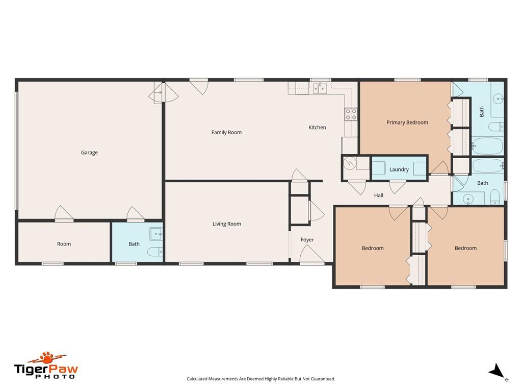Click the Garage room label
[89, 153]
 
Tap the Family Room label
[226, 132]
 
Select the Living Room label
[227, 224]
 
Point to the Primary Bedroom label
[407, 122]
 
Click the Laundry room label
[399, 169]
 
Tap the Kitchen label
[317, 127]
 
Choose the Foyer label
[307, 240]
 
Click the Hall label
[379, 195]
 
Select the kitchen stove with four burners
[351, 114]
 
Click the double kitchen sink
[320, 89]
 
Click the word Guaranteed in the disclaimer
[323, 379]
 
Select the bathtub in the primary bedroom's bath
[488, 146]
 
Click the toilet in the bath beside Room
[154, 251]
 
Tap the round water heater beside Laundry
[350, 163]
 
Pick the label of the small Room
[64, 244]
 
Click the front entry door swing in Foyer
[312, 254]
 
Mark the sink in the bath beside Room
[156, 234]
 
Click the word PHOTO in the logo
[55, 377]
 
